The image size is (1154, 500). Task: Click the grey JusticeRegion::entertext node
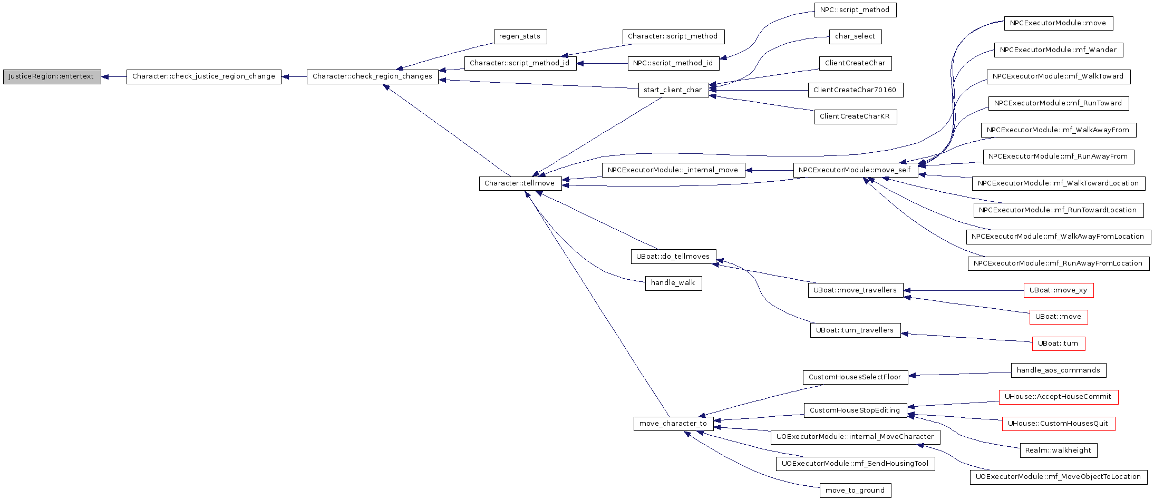(52, 76)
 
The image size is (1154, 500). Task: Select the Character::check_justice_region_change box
(203, 76)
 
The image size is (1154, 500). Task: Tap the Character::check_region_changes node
(372, 76)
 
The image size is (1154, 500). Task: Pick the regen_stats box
(520, 36)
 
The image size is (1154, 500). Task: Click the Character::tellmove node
(520, 183)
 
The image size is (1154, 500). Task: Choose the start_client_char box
(673, 90)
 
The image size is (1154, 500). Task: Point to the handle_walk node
(673, 283)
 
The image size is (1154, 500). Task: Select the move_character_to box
(673, 424)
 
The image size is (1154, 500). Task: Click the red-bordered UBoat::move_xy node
(1058, 290)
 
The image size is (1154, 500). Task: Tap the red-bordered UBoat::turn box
(1058, 344)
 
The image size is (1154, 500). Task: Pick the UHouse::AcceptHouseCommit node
(1058, 397)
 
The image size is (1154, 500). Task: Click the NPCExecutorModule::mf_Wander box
(1058, 50)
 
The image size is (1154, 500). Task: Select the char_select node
(855, 36)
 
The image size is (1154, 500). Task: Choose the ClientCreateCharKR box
(855, 116)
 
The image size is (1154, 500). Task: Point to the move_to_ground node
(855, 491)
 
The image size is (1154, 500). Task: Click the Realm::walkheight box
(1058, 450)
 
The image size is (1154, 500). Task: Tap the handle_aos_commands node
(1058, 370)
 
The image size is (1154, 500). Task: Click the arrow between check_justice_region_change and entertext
(114, 77)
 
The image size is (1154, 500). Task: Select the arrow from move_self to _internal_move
(769, 171)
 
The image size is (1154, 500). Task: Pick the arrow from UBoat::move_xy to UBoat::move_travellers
(963, 290)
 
